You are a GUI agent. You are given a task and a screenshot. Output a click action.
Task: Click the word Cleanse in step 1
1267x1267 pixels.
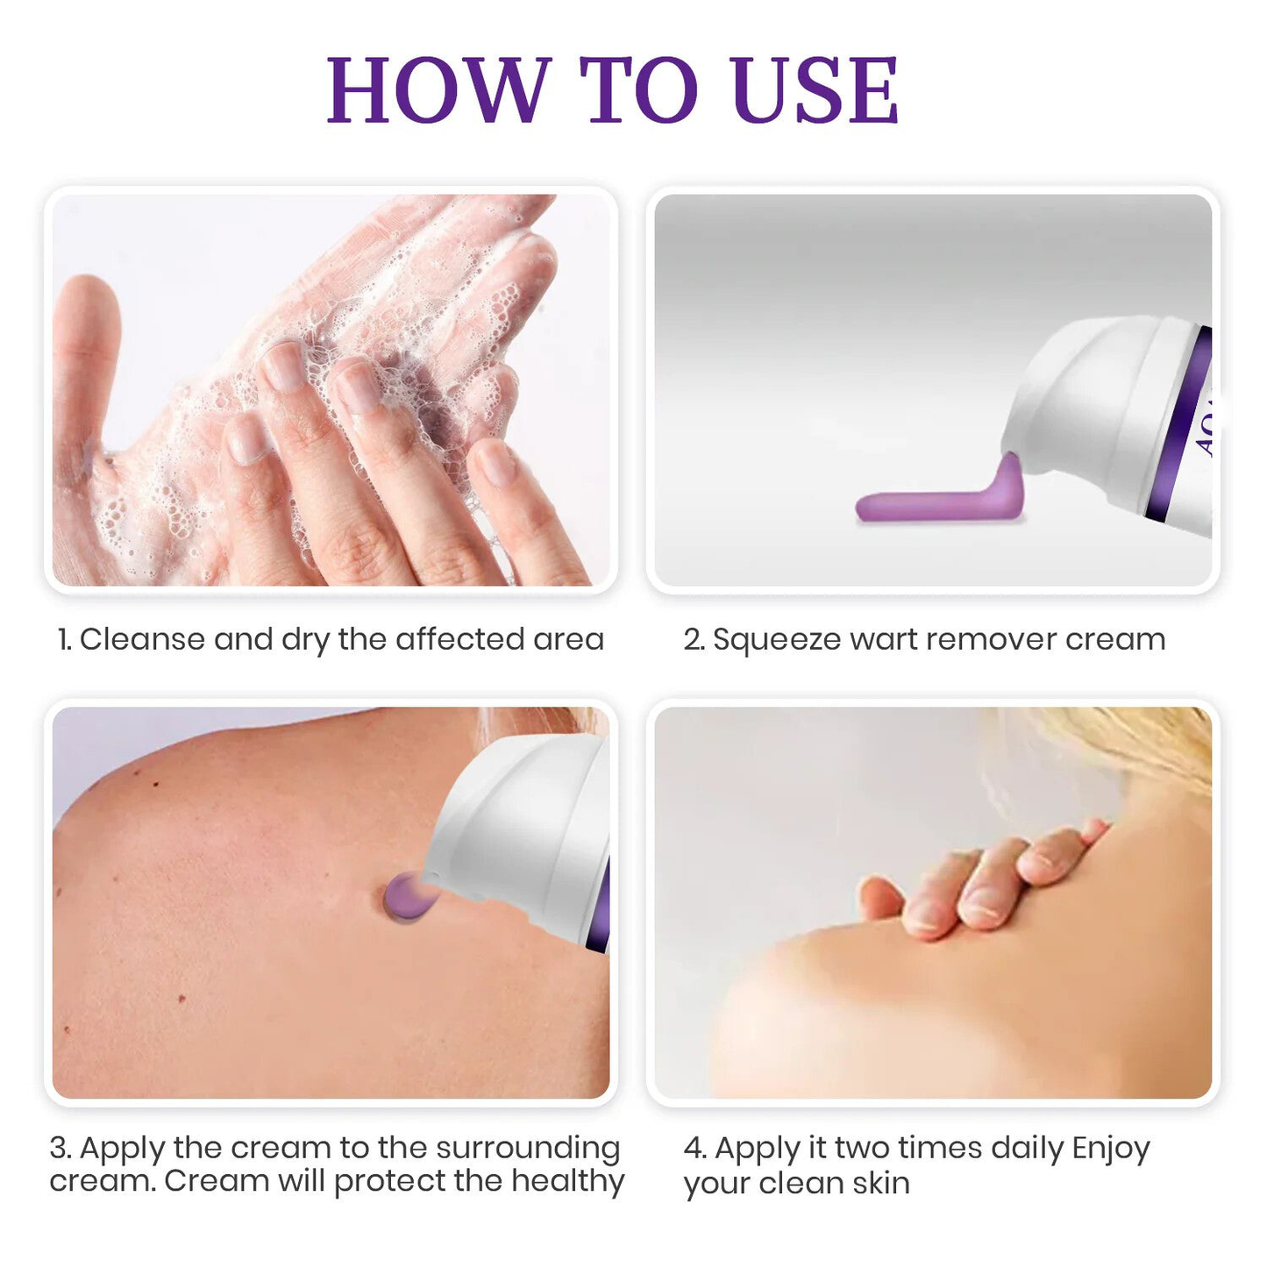(142, 639)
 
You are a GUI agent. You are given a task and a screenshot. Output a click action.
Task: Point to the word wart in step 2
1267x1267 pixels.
(883, 639)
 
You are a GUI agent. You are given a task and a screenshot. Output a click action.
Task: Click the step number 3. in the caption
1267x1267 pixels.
(61, 1148)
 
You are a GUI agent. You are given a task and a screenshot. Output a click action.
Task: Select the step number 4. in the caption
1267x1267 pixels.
(694, 1148)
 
